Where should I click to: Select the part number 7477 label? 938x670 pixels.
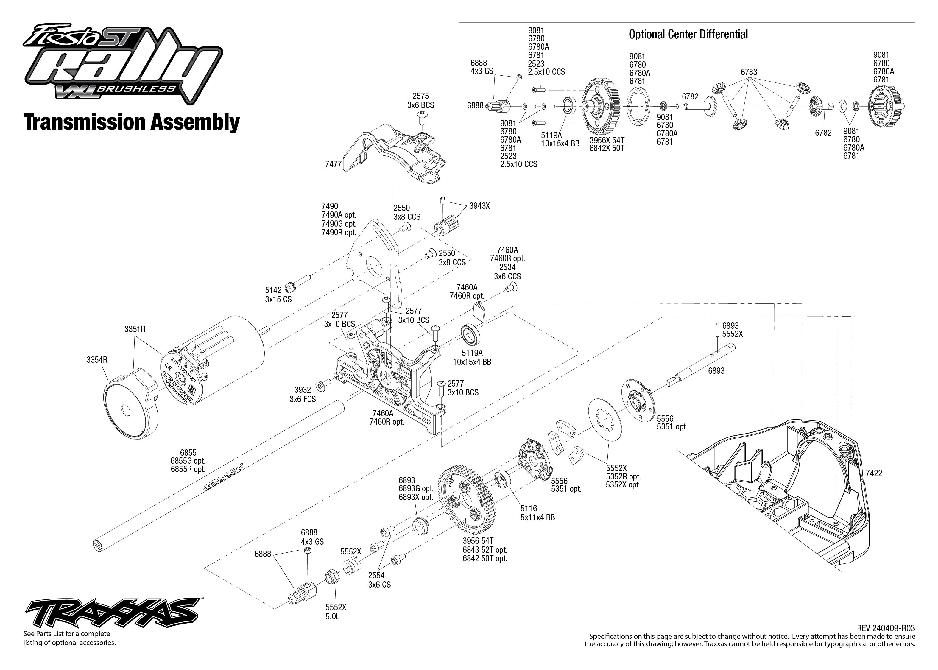[333, 164]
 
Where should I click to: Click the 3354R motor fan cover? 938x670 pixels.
[128, 403]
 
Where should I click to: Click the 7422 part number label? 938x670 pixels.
[874, 473]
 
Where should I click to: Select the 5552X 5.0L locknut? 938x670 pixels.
[332, 576]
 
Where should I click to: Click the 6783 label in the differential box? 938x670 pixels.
[749, 72]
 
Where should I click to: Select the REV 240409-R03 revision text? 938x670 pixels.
[885, 628]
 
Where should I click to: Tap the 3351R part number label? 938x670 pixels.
[135, 329]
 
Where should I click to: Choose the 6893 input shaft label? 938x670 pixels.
[716, 371]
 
